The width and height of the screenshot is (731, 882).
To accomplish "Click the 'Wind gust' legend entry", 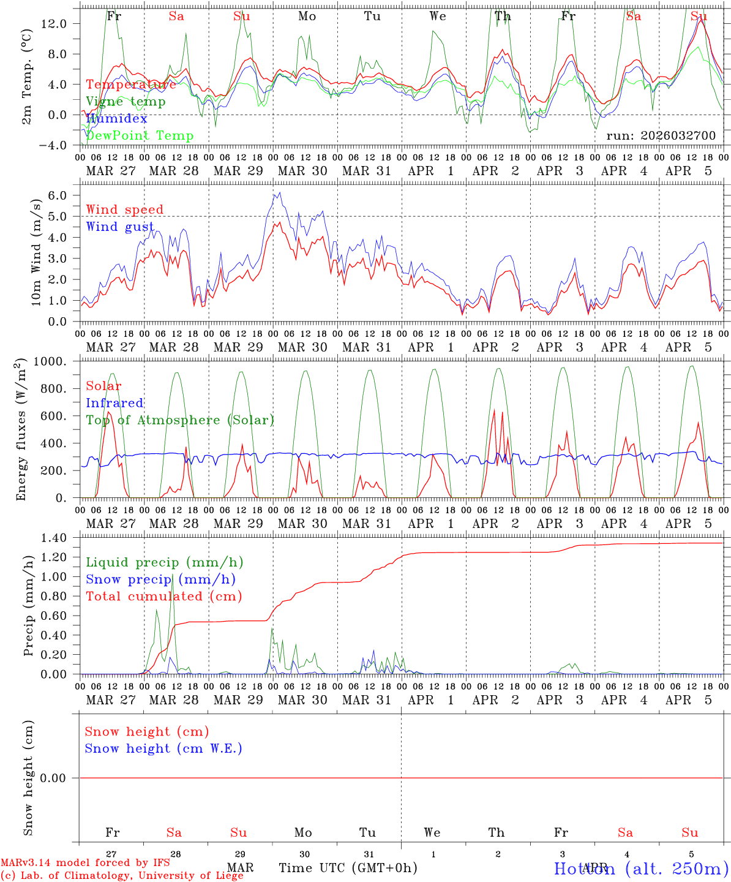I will [120, 227].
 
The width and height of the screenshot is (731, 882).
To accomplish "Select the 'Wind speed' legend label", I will [125, 209].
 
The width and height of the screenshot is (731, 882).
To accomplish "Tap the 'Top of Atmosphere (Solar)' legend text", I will [180, 420].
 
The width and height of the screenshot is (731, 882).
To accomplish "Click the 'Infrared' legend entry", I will [114, 403].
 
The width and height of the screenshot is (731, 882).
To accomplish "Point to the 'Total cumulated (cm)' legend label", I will [163, 596].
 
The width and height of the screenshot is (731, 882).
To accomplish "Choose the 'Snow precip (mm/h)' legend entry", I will [160, 579].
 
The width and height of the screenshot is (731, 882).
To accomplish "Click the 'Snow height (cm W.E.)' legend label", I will [163, 748].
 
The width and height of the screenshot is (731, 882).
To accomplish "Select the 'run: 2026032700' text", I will [661, 135].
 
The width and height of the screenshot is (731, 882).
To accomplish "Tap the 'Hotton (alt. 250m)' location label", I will [641, 868].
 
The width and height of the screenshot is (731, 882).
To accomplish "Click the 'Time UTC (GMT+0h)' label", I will [348, 867].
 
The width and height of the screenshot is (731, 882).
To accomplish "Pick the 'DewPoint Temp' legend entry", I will [140, 135].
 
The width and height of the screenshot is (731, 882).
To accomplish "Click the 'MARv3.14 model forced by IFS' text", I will [85, 862].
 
